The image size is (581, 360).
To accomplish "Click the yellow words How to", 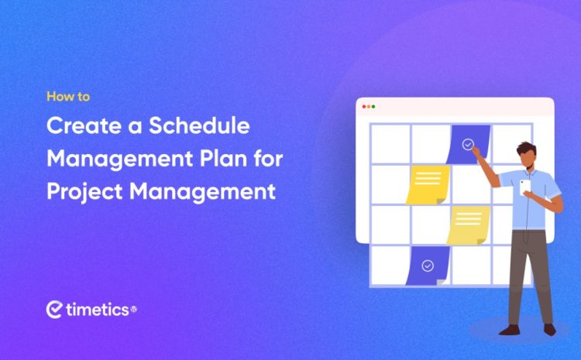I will [68, 98].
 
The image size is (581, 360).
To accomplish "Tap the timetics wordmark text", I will [96, 310].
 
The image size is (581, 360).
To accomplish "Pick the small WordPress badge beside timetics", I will [133, 309].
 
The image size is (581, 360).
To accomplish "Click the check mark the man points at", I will [467, 143].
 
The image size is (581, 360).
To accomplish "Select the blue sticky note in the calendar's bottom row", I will [428, 265].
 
